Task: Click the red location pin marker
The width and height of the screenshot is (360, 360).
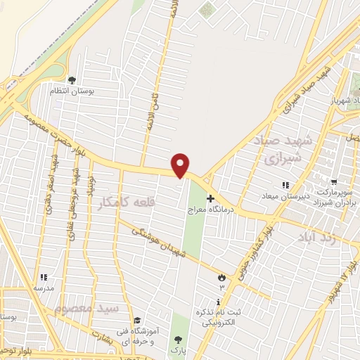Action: click(x=181, y=165)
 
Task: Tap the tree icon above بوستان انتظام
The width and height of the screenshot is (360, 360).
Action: click(x=72, y=79)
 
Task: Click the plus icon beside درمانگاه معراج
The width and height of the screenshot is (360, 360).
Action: click(x=210, y=199)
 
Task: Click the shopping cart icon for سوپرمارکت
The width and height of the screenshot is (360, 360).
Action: click(x=333, y=181)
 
